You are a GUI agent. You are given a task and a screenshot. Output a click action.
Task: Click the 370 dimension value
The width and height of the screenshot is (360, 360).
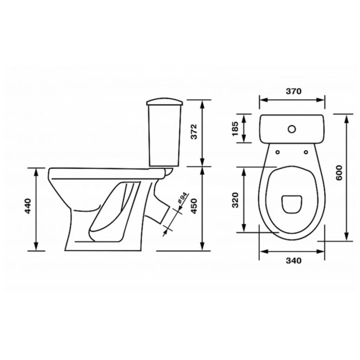point(294,91)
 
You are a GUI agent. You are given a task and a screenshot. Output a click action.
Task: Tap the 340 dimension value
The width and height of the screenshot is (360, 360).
point(294,261)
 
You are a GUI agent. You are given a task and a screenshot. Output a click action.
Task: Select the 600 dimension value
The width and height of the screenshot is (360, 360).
point(339,173)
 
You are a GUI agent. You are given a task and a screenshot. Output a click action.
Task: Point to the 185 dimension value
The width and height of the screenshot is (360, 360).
point(235,128)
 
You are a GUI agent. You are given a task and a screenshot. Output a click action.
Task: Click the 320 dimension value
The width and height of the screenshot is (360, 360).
point(235,200)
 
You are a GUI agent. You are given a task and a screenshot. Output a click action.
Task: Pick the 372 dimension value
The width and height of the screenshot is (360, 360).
point(194,132)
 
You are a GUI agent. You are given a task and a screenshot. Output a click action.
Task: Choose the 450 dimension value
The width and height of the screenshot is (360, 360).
point(194,206)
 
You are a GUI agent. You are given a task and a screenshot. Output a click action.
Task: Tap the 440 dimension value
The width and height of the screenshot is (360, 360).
point(28,206)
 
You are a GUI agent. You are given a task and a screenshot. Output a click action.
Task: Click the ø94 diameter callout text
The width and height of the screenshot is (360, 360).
point(182,198)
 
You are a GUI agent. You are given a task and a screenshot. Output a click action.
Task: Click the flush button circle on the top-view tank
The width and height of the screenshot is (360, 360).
point(292,129)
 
